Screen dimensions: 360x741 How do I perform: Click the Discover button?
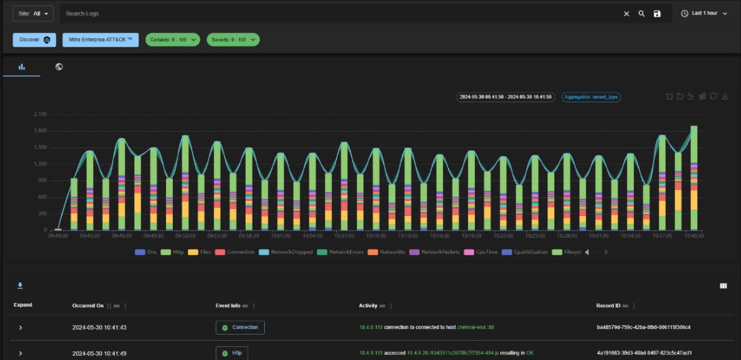point(34,40)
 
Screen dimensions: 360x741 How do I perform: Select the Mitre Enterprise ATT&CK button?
point(101,40)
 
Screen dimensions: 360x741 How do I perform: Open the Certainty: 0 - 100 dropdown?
point(172,40)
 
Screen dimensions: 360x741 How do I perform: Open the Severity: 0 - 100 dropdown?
point(233,40)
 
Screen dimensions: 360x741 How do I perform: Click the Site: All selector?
point(33,14)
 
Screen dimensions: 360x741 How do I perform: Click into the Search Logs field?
point(336,14)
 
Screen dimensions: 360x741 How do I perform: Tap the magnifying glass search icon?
point(642,14)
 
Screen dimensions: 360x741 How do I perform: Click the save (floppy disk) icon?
point(657,14)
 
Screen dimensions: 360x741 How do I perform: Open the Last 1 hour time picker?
point(704,14)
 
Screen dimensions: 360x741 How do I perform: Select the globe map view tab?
point(59,67)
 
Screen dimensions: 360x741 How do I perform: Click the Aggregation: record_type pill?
point(591,97)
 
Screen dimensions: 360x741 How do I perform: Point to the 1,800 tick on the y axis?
point(39,130)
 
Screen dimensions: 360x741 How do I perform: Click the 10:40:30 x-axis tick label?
point(694,235)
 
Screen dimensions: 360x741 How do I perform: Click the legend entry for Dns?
point(146,252)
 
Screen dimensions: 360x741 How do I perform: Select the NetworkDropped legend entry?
point(287,252)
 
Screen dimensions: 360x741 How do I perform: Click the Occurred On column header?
point(88,305)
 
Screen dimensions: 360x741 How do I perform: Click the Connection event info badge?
point(240,328)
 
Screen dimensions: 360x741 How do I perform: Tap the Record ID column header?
point(611,305)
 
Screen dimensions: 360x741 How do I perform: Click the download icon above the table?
point(20,285)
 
